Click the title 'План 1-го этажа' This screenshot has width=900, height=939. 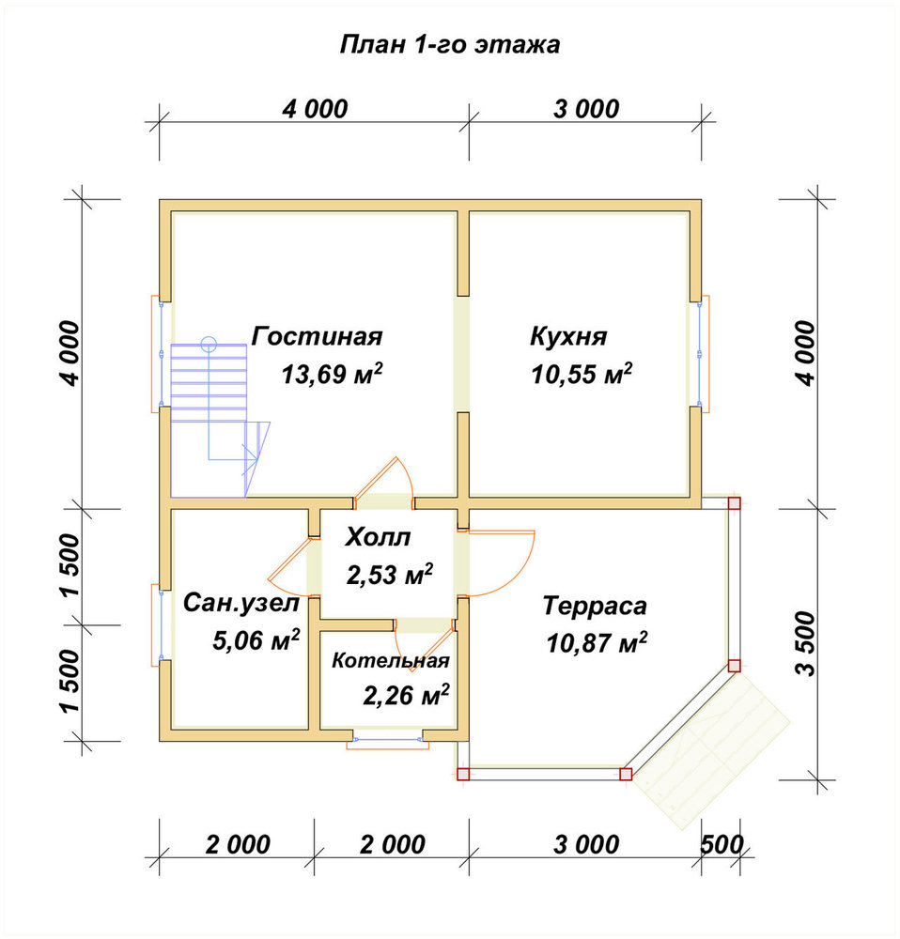click(449, 45)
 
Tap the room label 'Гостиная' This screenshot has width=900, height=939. click(317, 336)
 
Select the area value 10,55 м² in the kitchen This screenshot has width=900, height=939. click(582, 375)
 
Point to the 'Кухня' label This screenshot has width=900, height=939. click(568, 336)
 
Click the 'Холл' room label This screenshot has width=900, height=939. click(378, 537)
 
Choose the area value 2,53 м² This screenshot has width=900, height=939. click(390, 575)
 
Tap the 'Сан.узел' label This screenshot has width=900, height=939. click(241, 603)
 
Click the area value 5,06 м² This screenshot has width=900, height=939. click(256, 640)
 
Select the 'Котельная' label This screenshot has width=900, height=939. click(391, 660)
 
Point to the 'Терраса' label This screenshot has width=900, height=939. click(595, 606)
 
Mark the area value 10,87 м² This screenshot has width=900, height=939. click(597, 643)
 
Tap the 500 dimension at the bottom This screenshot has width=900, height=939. click(722, 844)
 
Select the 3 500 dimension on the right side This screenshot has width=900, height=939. click(807, 644)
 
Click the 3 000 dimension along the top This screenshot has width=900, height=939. click(586, 109)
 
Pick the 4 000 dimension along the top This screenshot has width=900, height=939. click(315, 109)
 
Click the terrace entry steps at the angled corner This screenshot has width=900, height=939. click(712, 748)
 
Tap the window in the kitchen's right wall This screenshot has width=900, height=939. click(700, 354)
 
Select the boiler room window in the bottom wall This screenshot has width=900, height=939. click(388, 740)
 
